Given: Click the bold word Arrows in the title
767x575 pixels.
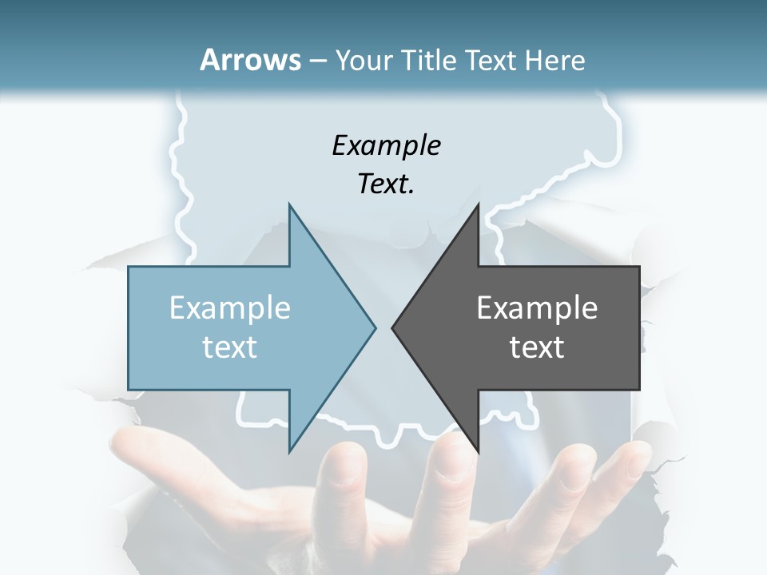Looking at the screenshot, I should (x=249, y=60).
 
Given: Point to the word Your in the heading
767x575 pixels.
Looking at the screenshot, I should (x=363, y=60).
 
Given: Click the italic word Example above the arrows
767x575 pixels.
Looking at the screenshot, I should (x=386, y=145).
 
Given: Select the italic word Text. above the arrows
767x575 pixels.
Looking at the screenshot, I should (x=386, y=184).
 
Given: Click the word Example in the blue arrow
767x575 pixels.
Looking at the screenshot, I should (x=230, y=307).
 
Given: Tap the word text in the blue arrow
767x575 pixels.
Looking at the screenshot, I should (x=230, y=347).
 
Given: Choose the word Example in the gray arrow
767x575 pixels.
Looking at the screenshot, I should (x=537, y=307).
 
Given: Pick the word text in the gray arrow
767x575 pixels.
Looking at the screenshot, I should (x=537, y=347).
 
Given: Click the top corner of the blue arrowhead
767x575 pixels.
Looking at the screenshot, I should (x=289, y=206).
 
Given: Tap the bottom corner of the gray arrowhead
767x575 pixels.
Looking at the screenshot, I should (x=478, y=450).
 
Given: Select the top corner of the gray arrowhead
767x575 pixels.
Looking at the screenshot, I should (x=478, y=206).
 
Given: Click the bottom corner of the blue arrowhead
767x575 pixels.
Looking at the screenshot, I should (x=289, y=450).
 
